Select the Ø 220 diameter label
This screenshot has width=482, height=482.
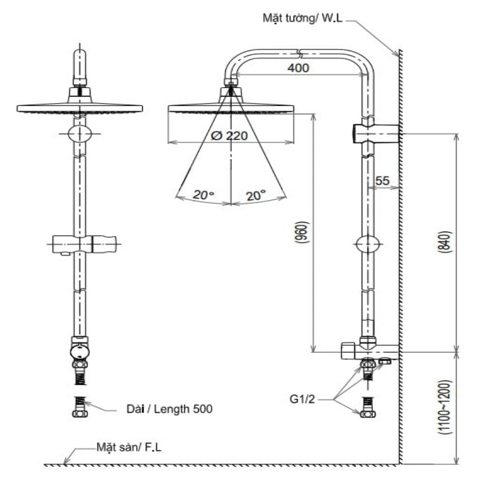point(230,136)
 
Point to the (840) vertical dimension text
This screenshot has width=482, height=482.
point(446,243)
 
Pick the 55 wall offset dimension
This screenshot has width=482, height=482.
point(382,180)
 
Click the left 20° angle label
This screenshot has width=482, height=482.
point(204,195)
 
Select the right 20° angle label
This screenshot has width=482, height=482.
point(256,195)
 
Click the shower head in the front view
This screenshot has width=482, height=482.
point(80,107)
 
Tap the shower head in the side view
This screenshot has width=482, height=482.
point(231,107)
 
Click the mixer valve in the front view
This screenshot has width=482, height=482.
point(79,351)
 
